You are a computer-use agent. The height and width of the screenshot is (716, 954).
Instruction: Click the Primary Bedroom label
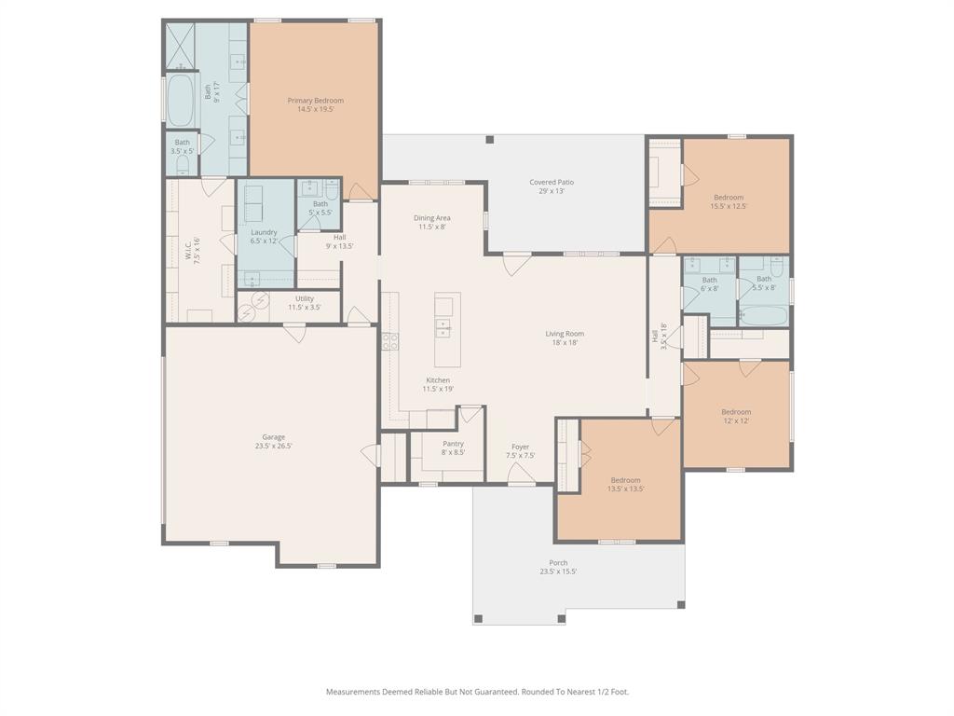(x=315, y=101)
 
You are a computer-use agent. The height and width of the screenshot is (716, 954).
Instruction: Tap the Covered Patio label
(x=552, y=182)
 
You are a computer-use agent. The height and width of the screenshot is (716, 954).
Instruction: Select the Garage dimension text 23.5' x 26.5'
(x=274, y=446)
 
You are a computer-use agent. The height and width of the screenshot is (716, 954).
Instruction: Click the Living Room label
(x=565, y=334)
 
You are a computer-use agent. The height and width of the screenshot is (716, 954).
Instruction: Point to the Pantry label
(x=454, y=444)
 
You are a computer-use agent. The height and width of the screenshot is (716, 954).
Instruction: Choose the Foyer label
(x=520, y=447)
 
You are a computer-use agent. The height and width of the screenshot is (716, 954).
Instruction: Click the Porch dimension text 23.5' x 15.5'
(x=558, y=571)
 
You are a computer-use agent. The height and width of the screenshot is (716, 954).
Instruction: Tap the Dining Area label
(x=432, y=218)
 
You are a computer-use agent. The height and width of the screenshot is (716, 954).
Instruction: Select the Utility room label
(x=305, y=299)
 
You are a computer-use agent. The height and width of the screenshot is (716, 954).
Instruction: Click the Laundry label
(x=264, y=232)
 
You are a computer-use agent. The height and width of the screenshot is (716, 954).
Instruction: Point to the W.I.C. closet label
(x=188, y=250)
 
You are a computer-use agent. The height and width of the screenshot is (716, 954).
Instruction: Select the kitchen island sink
(x=443, y=328)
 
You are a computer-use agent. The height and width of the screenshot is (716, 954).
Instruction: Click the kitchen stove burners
(x=390, y=341)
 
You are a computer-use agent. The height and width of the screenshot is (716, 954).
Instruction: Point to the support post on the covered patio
(x=490, y=140)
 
